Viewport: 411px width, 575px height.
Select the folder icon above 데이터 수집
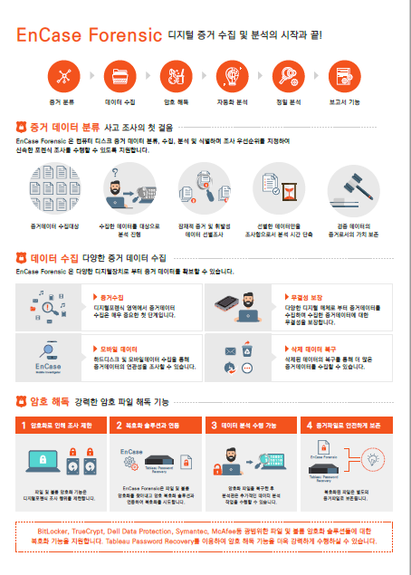[x=119, y=75]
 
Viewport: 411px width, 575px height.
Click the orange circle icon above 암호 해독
[x=176, y=75]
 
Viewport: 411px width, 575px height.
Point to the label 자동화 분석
[x=232, y=103]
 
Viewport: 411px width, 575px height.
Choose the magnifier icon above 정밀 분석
[x=288, y=75]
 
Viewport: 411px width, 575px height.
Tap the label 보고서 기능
[x=344, y=103]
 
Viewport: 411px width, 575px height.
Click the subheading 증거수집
[x=111, y=296]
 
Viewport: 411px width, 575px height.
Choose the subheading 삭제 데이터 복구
[x=302, y=348]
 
